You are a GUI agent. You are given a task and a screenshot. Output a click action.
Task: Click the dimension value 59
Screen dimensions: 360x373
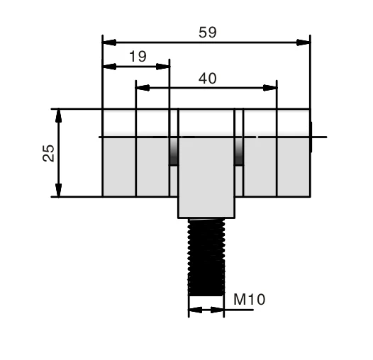coord(207,33)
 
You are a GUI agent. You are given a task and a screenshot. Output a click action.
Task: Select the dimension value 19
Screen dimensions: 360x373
coord(138,57)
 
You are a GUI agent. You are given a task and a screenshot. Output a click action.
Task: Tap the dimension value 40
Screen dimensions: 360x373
coord(207,79)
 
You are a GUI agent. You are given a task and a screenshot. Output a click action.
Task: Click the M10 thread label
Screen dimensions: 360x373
coord(249,300)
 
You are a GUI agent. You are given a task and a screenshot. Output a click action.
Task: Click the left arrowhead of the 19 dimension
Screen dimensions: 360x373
coord(109,67)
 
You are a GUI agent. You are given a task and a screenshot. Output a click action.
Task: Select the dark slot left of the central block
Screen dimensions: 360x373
coord(173,150)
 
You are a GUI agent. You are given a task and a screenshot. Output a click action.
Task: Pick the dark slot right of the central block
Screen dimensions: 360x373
coord(240,150)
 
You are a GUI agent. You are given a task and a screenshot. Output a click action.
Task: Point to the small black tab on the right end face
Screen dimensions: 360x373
coord(311,137)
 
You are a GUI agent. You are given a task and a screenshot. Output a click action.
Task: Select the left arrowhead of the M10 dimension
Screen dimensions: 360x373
coord(194,310)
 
